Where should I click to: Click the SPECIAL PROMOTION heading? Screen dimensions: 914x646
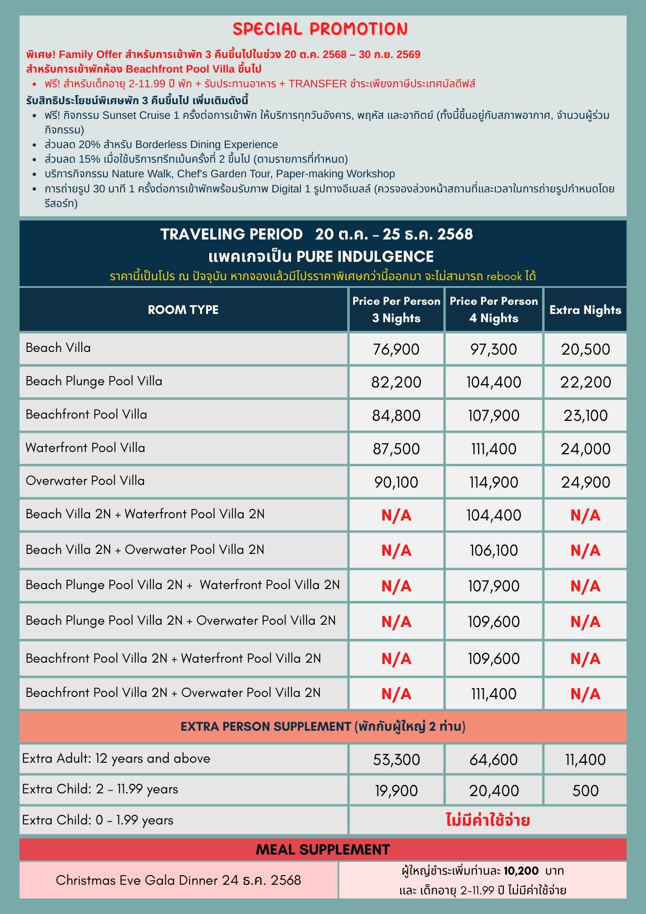[320, 29]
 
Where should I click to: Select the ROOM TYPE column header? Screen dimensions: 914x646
[183, 310]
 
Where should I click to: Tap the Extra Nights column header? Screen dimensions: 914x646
[585, 310]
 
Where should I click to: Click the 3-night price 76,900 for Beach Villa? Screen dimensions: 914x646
[396, 349]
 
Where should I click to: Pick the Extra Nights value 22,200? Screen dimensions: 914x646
[585, 382]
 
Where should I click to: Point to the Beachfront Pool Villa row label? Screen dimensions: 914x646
[86, 414]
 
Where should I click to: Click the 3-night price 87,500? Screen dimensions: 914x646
[396, 449]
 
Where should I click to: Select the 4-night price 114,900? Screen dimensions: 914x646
[493, 482]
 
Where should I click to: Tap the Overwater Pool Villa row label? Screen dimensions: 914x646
[85, 481]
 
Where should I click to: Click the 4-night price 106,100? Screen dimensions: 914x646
[493, 550]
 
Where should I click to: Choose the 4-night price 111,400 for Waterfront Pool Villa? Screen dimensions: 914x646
[493, 449]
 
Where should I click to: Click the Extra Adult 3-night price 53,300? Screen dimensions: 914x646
[396, 760]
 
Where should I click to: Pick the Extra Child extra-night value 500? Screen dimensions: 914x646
[585, 791]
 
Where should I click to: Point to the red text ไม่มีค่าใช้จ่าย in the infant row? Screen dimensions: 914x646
[487, 820]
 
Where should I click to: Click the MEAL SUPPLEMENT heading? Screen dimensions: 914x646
[323, 850]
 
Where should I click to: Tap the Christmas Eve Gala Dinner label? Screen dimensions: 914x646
[178, 880]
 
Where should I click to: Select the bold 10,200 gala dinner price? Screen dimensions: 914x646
[521, 871]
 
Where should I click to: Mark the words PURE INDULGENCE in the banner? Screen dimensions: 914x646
[365, 256]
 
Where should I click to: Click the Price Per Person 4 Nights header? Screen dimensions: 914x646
[493, 309]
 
